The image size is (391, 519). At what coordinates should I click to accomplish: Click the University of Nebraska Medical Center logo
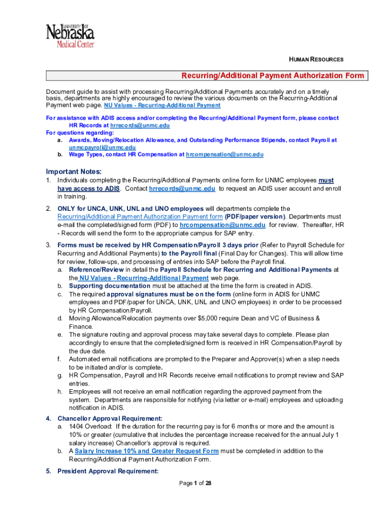tap(71, 35)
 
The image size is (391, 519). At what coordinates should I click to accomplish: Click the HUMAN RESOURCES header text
tap(316, 59)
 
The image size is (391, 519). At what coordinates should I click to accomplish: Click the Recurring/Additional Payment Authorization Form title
tap(273, 76)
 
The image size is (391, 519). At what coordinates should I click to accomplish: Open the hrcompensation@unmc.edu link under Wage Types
tap(224, 154)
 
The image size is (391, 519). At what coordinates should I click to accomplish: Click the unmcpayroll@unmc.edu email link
tap(102, 147)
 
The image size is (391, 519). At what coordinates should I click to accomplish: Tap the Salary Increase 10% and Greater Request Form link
tap(147, 451)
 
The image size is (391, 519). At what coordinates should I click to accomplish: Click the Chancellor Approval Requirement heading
tap(110, 419)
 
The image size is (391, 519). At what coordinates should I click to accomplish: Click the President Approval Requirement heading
tap(108, 471)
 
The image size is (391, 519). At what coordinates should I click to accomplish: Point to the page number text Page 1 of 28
tap(195, 483)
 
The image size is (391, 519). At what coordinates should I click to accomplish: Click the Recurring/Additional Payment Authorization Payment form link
tap(140, 216)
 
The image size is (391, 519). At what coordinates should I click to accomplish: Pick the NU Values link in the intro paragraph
tap(162, 105)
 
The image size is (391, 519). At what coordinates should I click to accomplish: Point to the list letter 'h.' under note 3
tap(60, 392)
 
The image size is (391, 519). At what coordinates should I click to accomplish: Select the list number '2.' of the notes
tap(48, 208)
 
